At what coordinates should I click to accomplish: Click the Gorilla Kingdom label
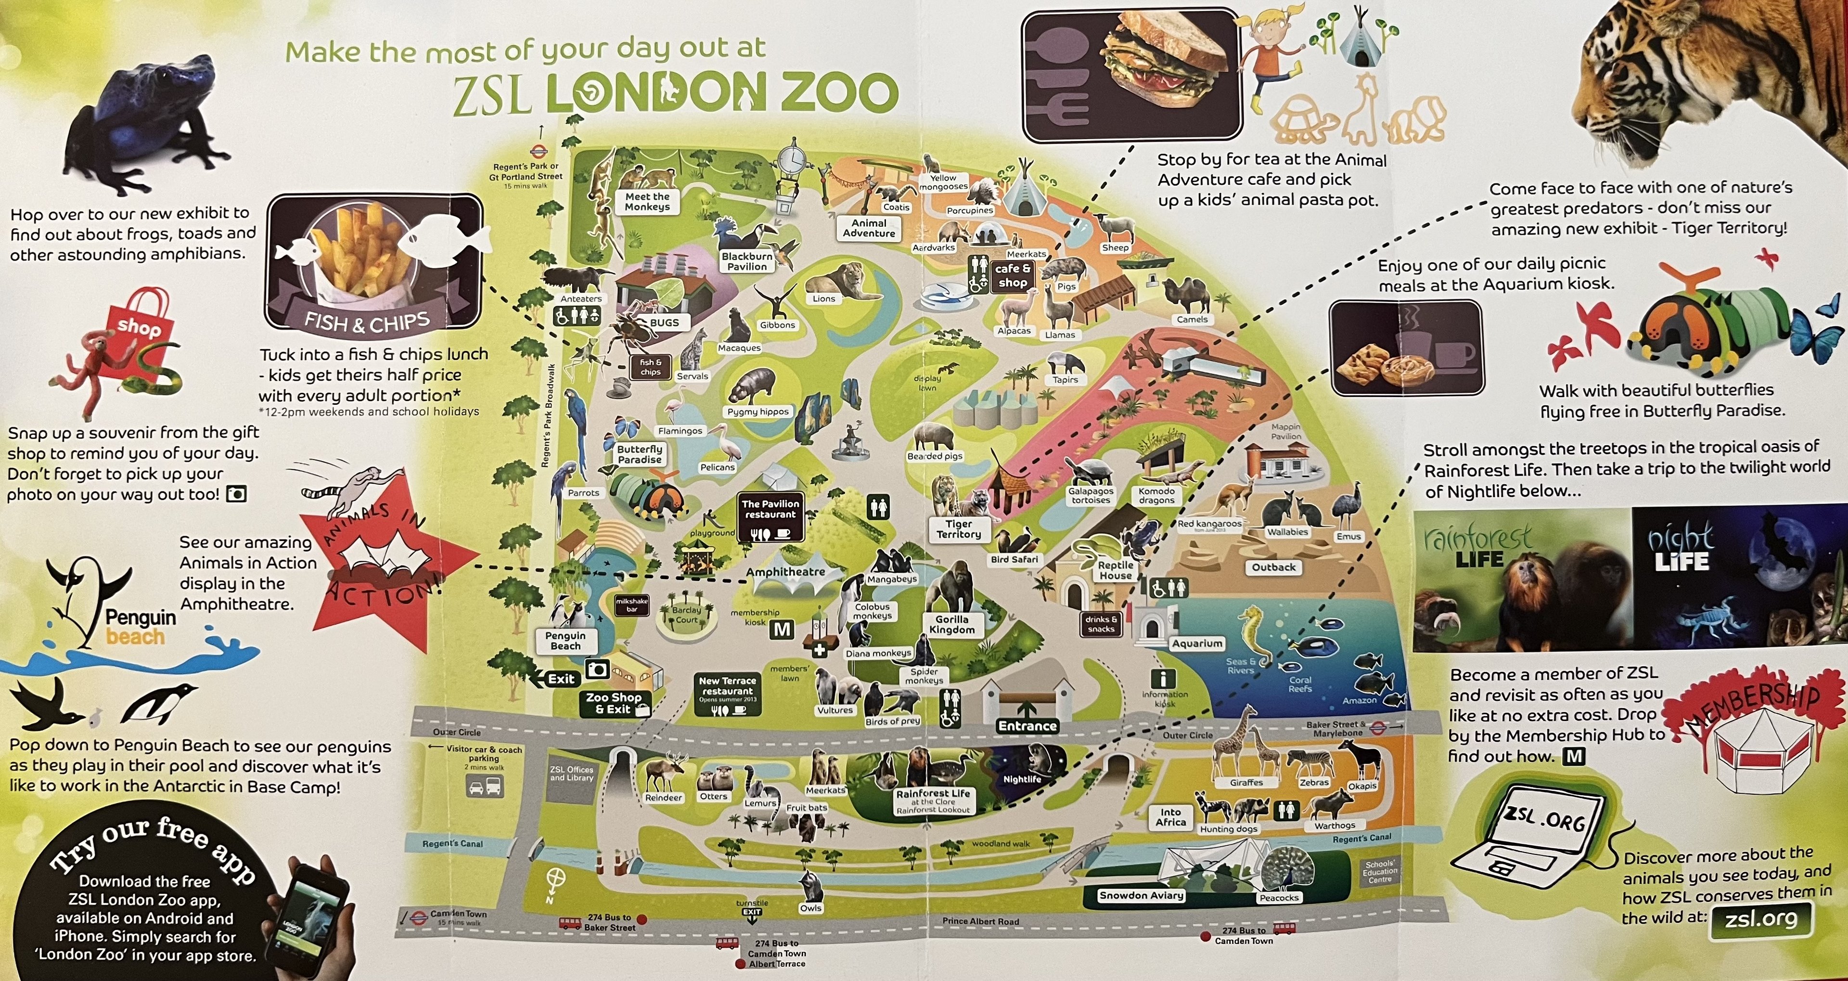tap(951, 624)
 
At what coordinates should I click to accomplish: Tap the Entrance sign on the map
tap(1027, 725)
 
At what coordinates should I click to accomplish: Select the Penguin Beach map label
tap(565, 641)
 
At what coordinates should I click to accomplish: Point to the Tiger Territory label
tap(959, 529)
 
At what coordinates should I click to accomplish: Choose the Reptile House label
tap(1115, 570)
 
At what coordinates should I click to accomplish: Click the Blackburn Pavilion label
tap(747, 261)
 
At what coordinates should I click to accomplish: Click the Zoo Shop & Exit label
tap(614, 703)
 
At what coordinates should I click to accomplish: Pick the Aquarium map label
tap(1196, 644)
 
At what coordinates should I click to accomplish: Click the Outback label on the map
tap(1273, 567)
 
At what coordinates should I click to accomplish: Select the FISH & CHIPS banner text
tap(367, 322)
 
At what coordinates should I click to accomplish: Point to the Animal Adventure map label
tap(869, 228)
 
